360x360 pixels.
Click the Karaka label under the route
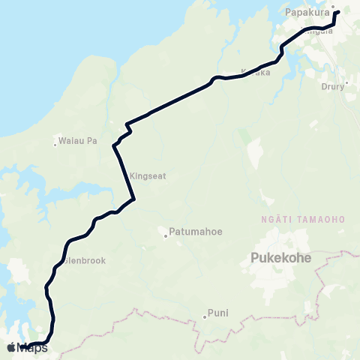pyautogui.click(x=255, y=72)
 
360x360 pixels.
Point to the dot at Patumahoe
pyautogui.click(x=166, y=236)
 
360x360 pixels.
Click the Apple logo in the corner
pyautogui.click(x=11, y=347)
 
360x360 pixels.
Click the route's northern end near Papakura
pyautogui.click(x=338, y=12)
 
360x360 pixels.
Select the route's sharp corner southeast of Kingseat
pyautogui.click(x=133, y=199)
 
